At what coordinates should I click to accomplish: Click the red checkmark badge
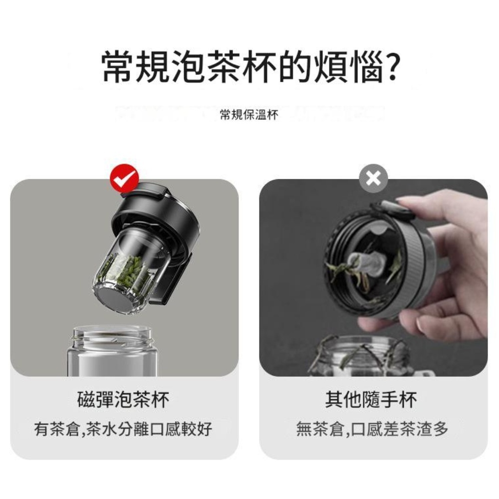click(124, 179)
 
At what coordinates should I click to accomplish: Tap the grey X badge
click(373, 179)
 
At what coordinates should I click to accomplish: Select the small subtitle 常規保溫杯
click(249, 115)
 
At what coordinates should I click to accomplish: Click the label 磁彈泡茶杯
click(123, 399)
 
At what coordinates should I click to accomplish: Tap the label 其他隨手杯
click(371, 399)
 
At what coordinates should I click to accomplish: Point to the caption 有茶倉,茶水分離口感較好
click(123, 429)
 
